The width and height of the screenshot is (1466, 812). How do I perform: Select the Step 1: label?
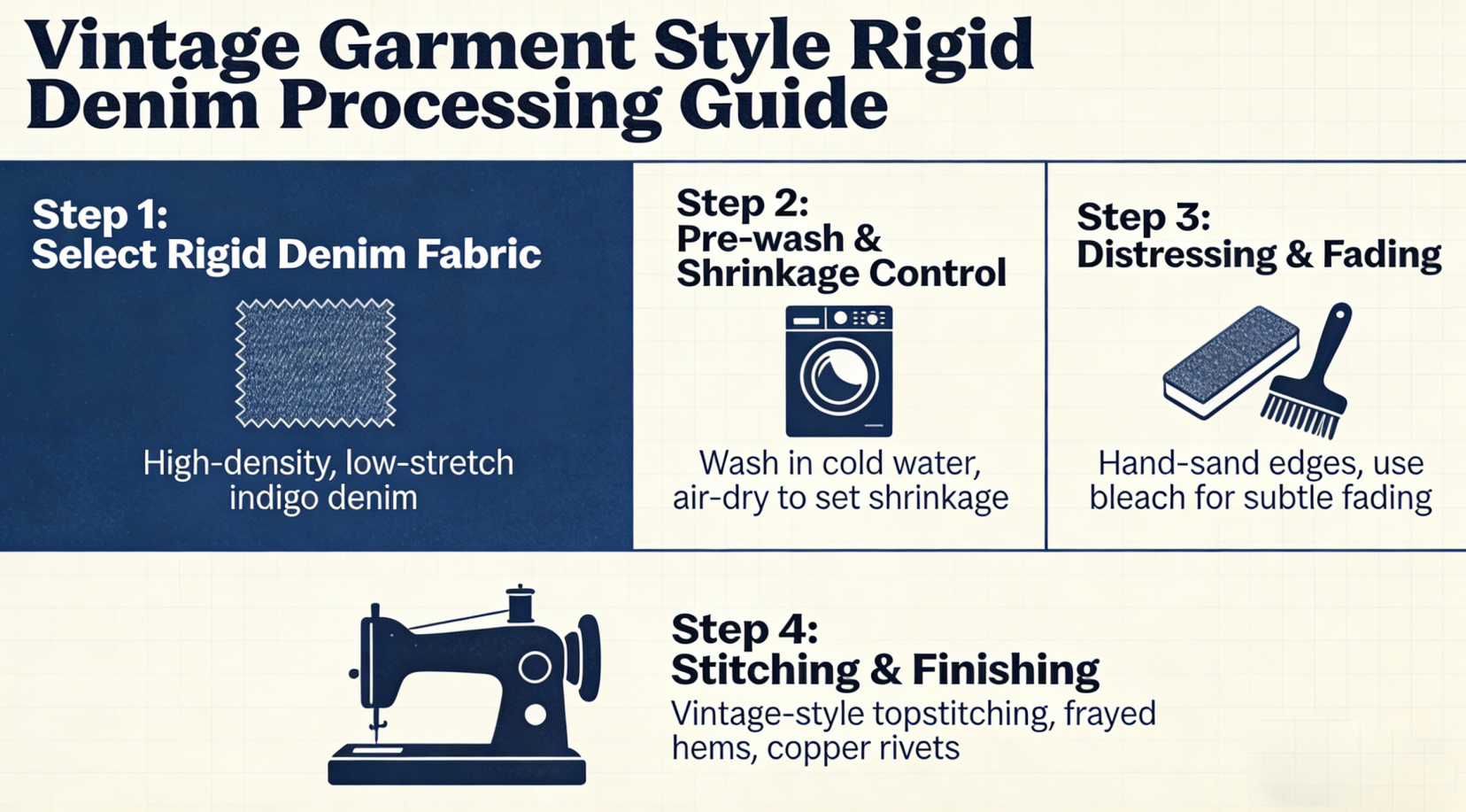99,215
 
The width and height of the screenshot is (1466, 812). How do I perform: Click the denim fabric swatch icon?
315,363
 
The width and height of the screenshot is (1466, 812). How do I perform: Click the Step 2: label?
742,204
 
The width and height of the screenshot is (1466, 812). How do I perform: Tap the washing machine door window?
838,377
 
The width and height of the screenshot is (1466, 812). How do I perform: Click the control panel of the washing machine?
839,318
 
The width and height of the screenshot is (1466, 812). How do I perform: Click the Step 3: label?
1143,218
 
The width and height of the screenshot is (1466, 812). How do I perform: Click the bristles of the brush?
1299,415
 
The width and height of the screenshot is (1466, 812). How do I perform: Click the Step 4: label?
744,630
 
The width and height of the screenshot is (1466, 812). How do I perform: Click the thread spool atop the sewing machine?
520,604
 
